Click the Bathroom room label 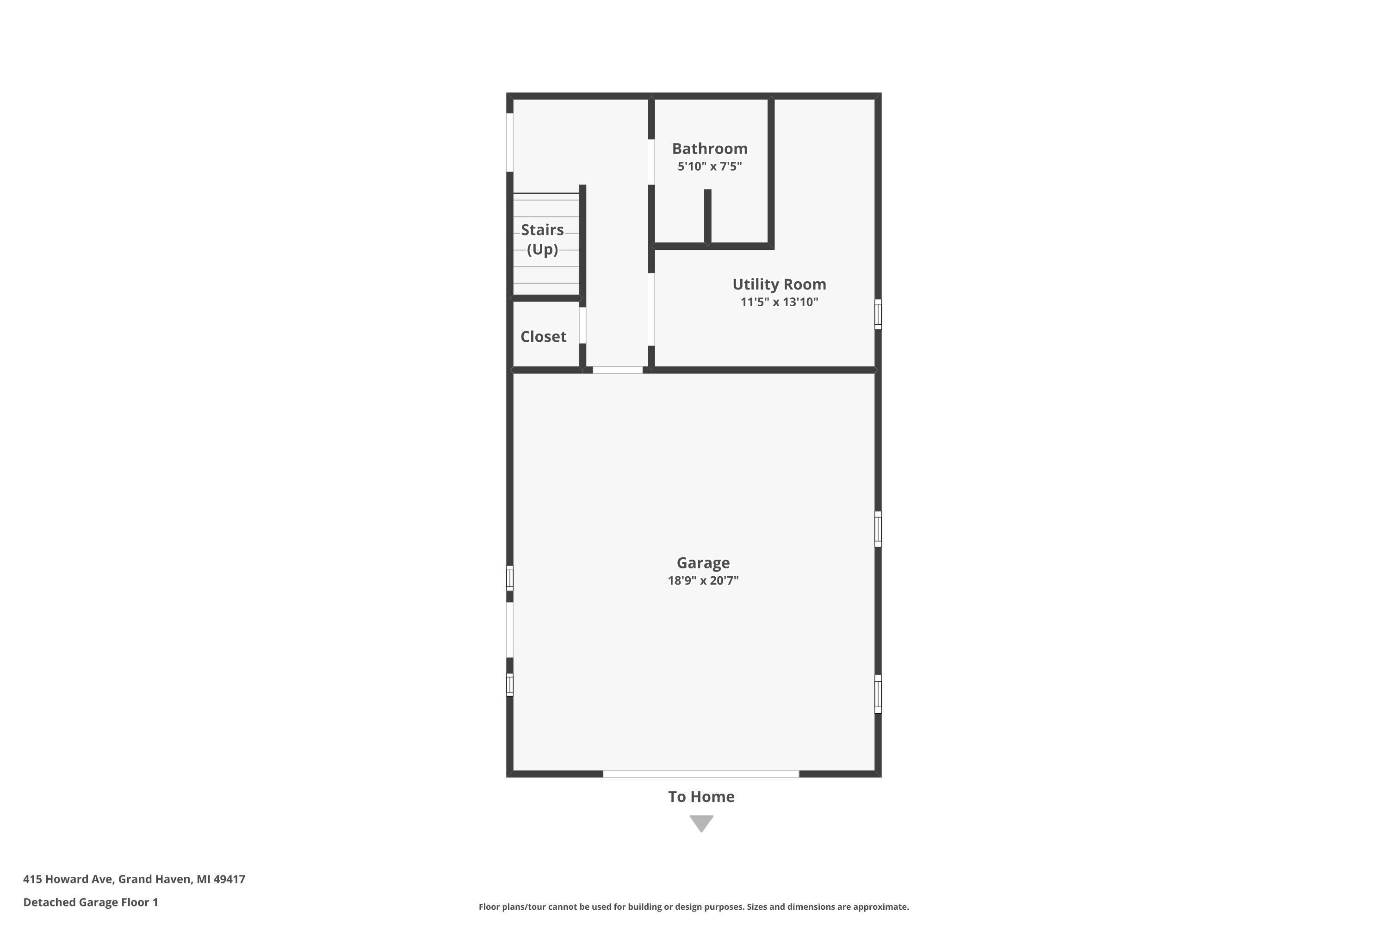(x=709, y=148)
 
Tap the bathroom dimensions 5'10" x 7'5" (x=709, y=166)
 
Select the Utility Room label (x=779, y=284)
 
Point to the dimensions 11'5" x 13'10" (x=779, y=302)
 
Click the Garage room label (x=703, y=563)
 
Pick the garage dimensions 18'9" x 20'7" (x=703, y=580)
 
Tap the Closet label (x=543, y=336)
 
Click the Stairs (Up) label (x=542, y=239)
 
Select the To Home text (x=701, y=796)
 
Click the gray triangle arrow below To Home (x=702, y=822)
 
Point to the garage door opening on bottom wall (x=700, y=773)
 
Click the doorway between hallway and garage (x=617, y=370)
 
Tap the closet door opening (x=582, y=325)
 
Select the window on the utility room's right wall (x=878, y=314)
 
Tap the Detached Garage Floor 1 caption (x=90, y=901)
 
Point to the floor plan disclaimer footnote (x=694, y=906)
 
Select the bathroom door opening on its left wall (x=651, y=162)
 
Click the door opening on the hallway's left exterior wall (x=510, y=142)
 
